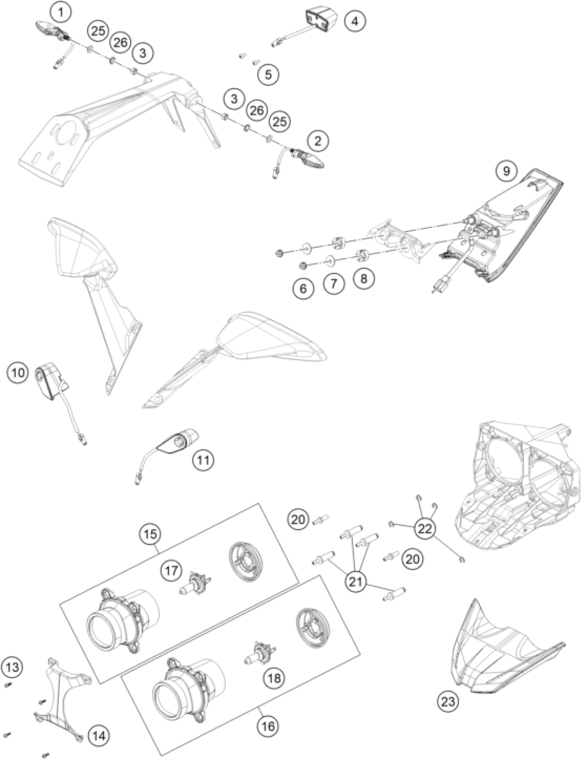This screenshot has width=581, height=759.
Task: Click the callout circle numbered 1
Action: point(61,13)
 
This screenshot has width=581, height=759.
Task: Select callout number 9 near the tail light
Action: point(506,171)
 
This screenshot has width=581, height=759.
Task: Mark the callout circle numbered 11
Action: point(204,460)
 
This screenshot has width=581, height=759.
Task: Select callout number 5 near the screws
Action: point(269,74)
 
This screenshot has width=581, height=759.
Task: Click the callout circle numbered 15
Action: point(150,534)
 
